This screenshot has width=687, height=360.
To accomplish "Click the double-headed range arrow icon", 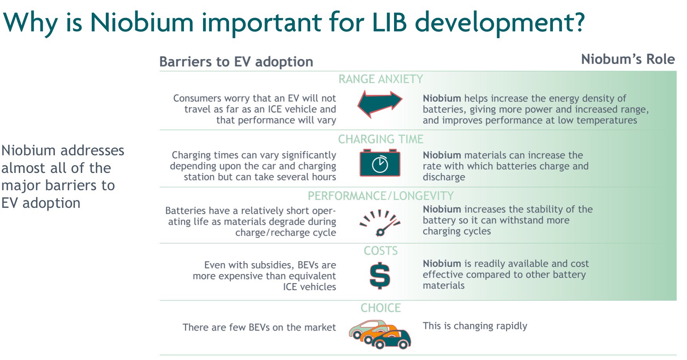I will pos(380,104).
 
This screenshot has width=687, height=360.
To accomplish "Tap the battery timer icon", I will pos(380,163).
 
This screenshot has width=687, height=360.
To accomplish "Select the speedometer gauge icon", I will pos(380,223).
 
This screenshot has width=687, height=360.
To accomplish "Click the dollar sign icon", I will pos(380,276).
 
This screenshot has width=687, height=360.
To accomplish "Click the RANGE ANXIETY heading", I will pos(380,79).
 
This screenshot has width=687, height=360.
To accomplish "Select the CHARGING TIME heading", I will pos(380,139).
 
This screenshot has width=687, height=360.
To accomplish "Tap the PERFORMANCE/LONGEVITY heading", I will pos(380,196).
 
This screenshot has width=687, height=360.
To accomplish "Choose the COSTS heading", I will pos(380,251).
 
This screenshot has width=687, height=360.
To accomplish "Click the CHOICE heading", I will pos(380,308).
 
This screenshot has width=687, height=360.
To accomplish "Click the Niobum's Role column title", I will pos(627,59).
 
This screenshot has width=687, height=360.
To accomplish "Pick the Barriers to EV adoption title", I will pos(236,62).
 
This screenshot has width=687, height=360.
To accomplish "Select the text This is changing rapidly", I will pos(474,326).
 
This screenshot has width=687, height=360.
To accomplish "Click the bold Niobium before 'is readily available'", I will pos(442,264).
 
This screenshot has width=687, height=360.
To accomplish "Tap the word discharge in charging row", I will pos(443,177).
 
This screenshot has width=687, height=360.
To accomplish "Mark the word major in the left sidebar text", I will pos(21,185).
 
